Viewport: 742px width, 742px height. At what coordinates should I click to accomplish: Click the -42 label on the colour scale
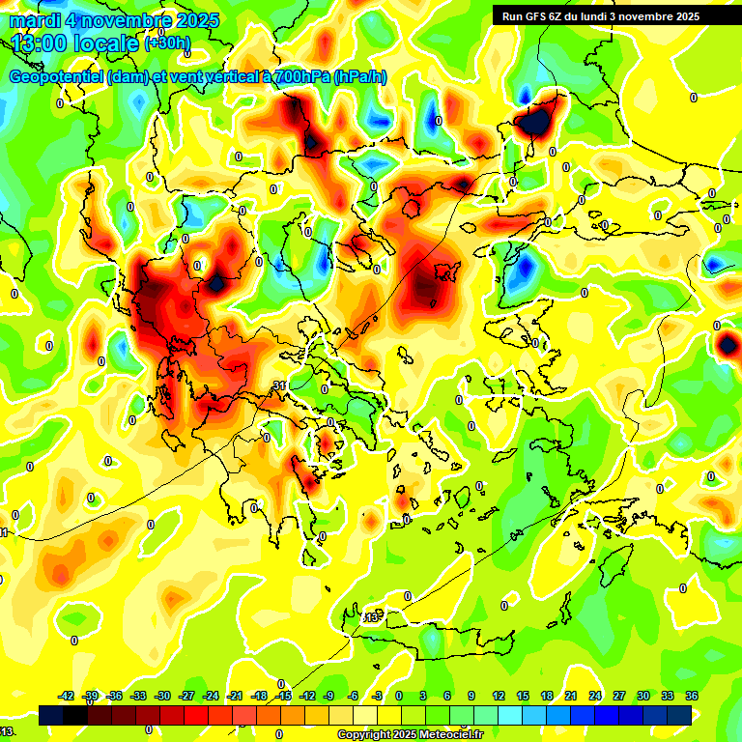pos(67,696)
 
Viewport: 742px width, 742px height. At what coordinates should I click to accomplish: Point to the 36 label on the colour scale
pos(692,696)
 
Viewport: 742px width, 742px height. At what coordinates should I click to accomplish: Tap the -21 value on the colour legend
pos(234,696)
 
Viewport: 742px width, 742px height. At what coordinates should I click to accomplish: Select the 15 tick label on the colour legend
pos(523,696)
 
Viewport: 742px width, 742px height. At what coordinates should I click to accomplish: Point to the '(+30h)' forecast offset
pos(168,43)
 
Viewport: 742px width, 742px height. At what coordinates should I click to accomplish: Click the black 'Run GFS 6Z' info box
pos(596,15)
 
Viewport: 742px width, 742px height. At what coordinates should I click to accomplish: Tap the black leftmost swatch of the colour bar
pos(51,715)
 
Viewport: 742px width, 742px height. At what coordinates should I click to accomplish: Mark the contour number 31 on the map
pos(279,385)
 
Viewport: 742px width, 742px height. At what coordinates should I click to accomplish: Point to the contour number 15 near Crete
pos(369,616)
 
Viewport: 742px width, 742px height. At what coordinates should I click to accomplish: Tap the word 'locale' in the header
pos(112,43)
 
